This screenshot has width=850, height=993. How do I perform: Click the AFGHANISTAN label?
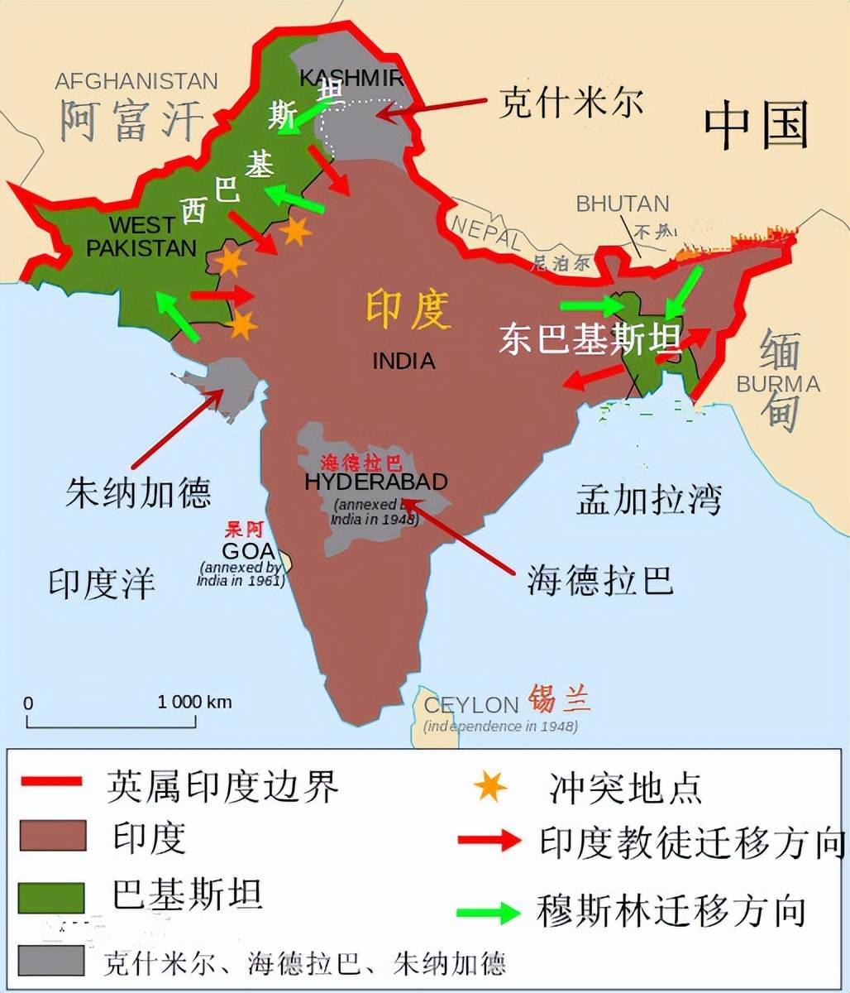point(136,81)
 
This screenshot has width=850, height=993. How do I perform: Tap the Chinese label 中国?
point(756,126)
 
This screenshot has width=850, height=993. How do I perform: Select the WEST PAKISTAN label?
point(142,237)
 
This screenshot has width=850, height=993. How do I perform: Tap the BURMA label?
point(778,384)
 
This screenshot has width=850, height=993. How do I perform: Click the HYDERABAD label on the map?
point(376,482)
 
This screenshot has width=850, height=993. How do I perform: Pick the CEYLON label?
point(470,705)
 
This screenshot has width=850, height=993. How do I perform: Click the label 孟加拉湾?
point(649,500)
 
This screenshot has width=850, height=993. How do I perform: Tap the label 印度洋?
point(102,583)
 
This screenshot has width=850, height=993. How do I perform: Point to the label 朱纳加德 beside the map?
point(138,492)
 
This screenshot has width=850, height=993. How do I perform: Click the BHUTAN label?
point(623,203)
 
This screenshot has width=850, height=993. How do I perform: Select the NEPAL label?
point(486,231)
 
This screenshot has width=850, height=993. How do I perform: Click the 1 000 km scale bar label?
point(195,702)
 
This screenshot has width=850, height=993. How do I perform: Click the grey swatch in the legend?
point(51,960)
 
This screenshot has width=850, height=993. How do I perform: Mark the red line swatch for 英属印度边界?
point(51,782)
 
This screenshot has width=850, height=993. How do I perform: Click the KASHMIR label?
point(351,78)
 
